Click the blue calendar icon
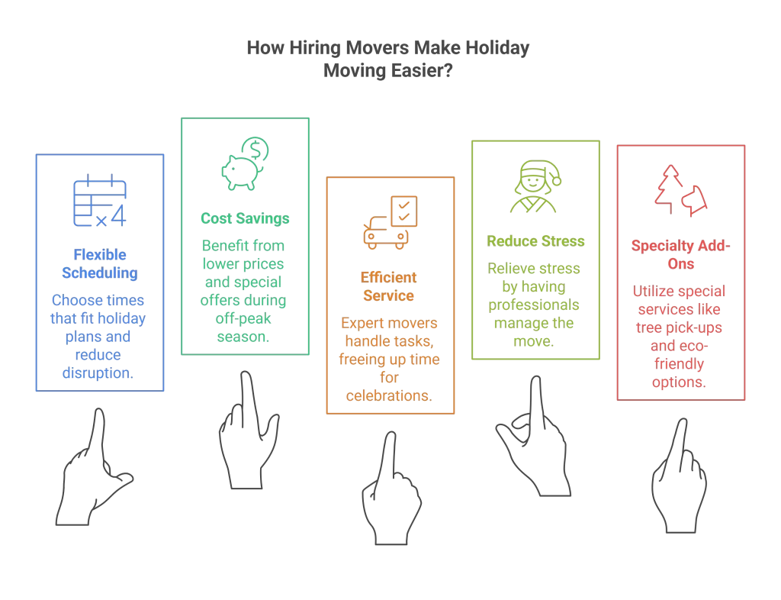[x=99, y=201]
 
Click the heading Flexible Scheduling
[x=99, y=263]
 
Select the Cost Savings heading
[x=245, y=219]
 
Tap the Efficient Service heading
[x=389, y=286]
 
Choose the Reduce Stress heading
[x=535, y=241]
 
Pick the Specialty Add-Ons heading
[x=681, y=255]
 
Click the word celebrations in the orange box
[x=390, y=395]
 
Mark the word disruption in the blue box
[x=99, y=373]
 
